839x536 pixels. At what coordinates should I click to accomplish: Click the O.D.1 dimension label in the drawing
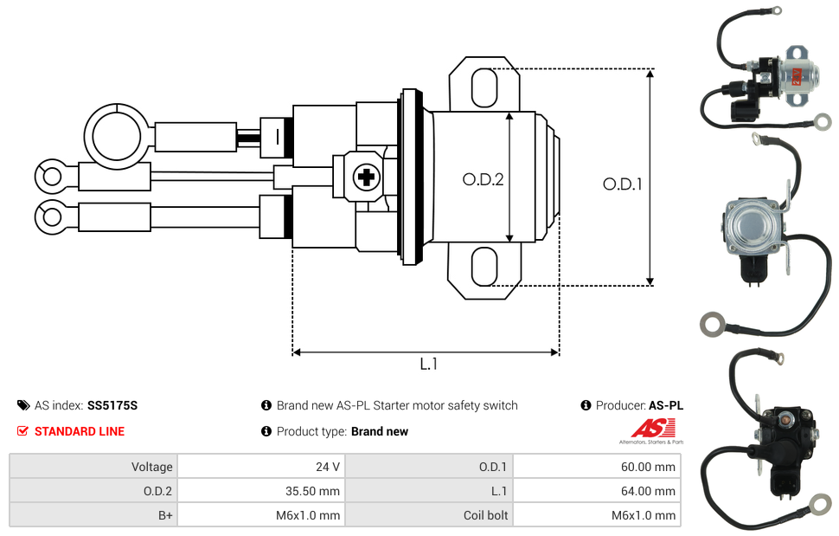(x=622, y=184)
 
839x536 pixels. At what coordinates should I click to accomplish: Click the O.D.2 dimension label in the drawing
(x=483, y=179)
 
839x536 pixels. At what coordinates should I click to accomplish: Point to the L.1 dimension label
(x=429, y=364)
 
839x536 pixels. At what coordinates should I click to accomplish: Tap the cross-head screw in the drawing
(x=367, y=176)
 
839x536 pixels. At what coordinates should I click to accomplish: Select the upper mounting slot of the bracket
(x=484, y=87)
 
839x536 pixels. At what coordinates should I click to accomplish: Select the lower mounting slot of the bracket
(x=484, y=266)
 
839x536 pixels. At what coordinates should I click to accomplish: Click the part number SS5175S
(x=112, y=405)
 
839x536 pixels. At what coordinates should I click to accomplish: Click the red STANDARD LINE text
(x=80, y=431)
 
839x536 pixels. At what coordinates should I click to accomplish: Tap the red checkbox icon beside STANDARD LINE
(x=22, y=431)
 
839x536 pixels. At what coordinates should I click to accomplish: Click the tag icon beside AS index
(x=23, y=405)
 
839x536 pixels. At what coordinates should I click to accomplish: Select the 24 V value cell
(x=261, y=467)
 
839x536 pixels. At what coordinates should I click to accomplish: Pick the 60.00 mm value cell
(x=597, y=467)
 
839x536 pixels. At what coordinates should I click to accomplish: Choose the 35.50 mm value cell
(x=261, y=491)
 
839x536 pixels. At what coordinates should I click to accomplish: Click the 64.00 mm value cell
(x=597, y=491)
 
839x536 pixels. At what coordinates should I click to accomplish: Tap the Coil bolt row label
(x=485, y=515)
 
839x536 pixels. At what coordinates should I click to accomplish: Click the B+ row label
(x=165, y=515)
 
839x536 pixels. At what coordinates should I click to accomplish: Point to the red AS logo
(x=653, y=429)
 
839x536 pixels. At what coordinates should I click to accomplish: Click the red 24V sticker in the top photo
(x=797, y=76)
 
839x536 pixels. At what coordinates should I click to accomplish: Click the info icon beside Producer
(x=586, y=405)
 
